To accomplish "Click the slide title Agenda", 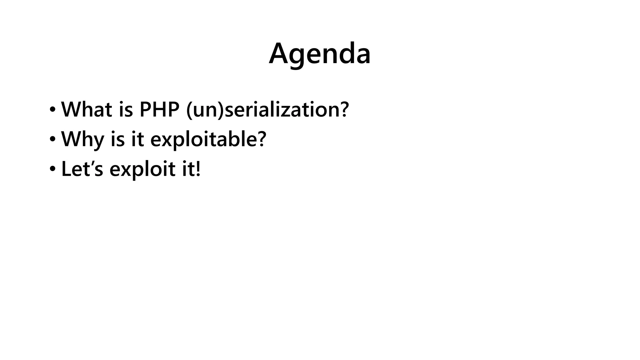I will tap(320, 54).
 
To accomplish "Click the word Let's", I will tap(82, 169).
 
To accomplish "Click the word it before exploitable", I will tap(137, 139).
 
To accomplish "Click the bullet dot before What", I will tap(52, 110).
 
